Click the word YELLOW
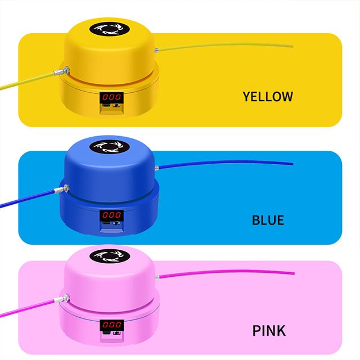pyautogui.click(x=268, y=96)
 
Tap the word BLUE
pyautogui.click(x=268, y=220)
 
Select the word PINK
pyautogui.click(x=269, y=331)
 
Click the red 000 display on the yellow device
pyautogui.click(x=111, y=97)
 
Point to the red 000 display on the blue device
pyautogui.click(x=111, y=215)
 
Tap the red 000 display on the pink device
pyautogui.click(x=112, y=325)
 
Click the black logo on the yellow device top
pyautogui.click(x=110, y=29)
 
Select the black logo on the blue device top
pyautogui.click(x=110, y=147)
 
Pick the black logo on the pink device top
pyautogui.click(x=110, y=256)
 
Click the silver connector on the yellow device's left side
pyautogui.click(x=62, y=71)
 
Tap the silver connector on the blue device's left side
pyautogui.click(x=62, y=189)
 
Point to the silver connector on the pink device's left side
pyautogui.click(x=62, y=299)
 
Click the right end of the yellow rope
pyautogui.click(x=292, y=46)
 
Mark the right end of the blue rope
pyautogui.click(x=293, y=164)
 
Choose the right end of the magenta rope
pyautogui.click(x=294, y=273)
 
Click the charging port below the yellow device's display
pyautogui.click(x=106, y=106)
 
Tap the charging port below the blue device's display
pyautogui.click(x=106, y=223)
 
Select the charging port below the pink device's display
pyautogui.click(x=106, y=333)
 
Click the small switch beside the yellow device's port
pyautogui.click(x=117, y=106)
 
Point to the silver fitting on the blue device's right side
pyautogui.click(x=156, y=168)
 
